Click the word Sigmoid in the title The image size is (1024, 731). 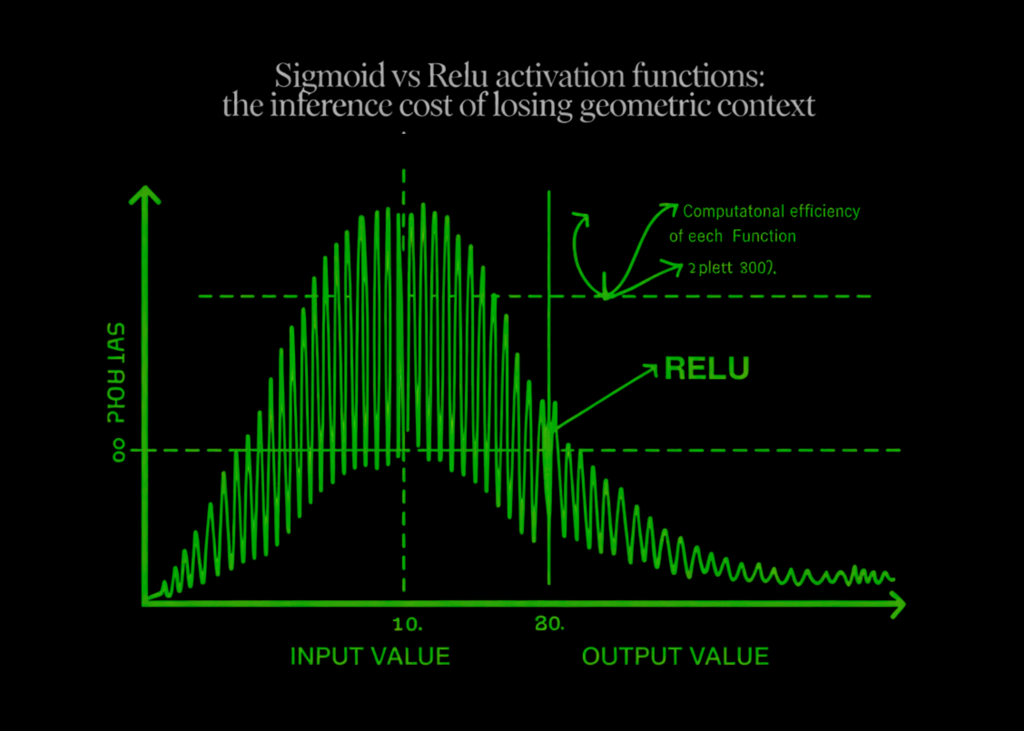coord(329,76)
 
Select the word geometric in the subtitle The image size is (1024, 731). coord(646,106)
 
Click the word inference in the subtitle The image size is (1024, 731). coord(331,106)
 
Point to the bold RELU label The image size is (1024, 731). coord(707,369)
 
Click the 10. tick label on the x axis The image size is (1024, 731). coord(407,624)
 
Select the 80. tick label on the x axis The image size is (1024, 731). coord(549,624)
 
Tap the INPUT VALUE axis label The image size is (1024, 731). coord(370,657)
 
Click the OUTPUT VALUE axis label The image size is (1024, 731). coord(675,657)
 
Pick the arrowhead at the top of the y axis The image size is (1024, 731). coord(145,194)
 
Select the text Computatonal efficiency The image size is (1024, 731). coord(771,211)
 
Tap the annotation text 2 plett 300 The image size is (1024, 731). coord(732,268)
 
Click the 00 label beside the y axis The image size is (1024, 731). coord(119,450)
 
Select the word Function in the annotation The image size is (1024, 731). coord(764,236)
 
